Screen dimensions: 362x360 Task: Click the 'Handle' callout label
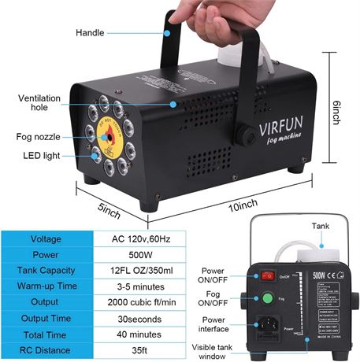pos(90,33)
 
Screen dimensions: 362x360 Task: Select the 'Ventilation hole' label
pos(40,103)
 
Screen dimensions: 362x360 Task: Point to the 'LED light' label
pos(40,156)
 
